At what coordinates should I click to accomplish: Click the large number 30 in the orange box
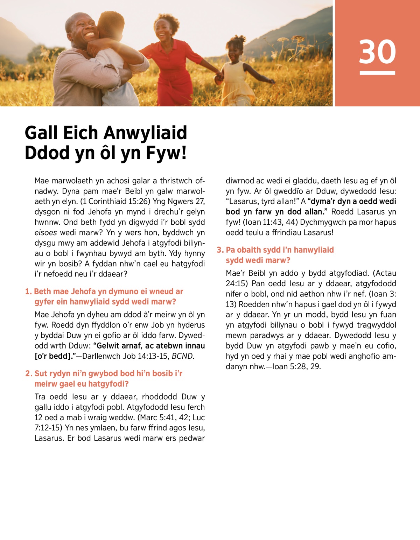(x=377, y=51)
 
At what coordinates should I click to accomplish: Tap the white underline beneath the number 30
(x=377, y=73)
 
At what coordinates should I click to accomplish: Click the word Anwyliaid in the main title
(x=145, y=133)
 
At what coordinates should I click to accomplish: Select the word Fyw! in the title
(x=166, y=153)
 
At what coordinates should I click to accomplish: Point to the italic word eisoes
(x=45, y=233)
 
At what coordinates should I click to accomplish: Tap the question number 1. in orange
(x=28, y=292)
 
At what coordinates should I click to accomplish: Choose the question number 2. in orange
(x=29, y=373)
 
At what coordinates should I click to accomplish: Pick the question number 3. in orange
(x=220, y=250)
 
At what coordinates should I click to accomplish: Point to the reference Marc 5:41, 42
(x=164, y=418)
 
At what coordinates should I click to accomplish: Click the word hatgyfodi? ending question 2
(x=108, y=384)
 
